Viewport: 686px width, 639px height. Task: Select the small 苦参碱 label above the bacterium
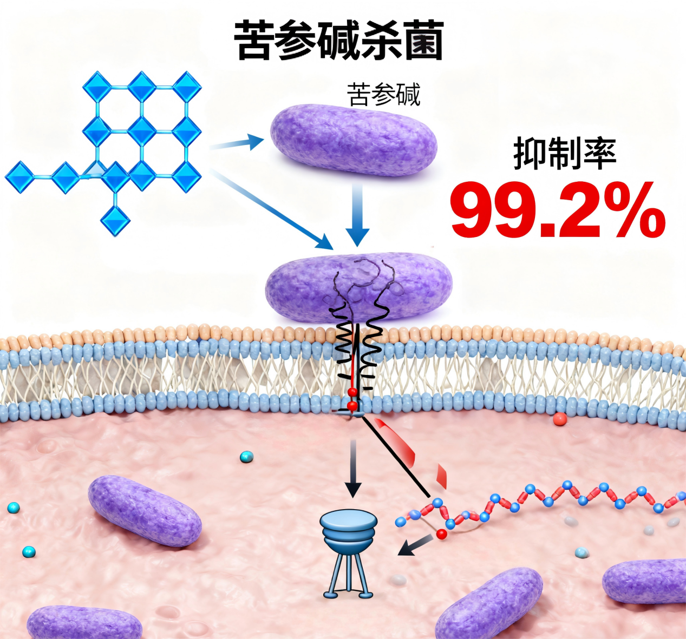pyautogui.click(x=383, y=95)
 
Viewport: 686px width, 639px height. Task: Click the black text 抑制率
pyautogui.click(x=565, y=154)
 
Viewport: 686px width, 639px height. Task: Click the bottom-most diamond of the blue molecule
pyautogui.click(x=115, y=220)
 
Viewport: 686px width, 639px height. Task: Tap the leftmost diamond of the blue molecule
pyautogui.click(x=19, y=176)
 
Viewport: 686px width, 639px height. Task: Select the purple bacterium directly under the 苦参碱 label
pyautogui.click(x=353, y=140)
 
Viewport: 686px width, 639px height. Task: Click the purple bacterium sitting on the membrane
pyautogui.click(x=358, y=285)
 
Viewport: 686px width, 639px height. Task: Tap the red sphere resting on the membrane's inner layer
pyautogui.click(x=560, y=419)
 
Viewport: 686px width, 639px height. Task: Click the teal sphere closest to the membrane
pyautogui.click(x=246, y=457)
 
